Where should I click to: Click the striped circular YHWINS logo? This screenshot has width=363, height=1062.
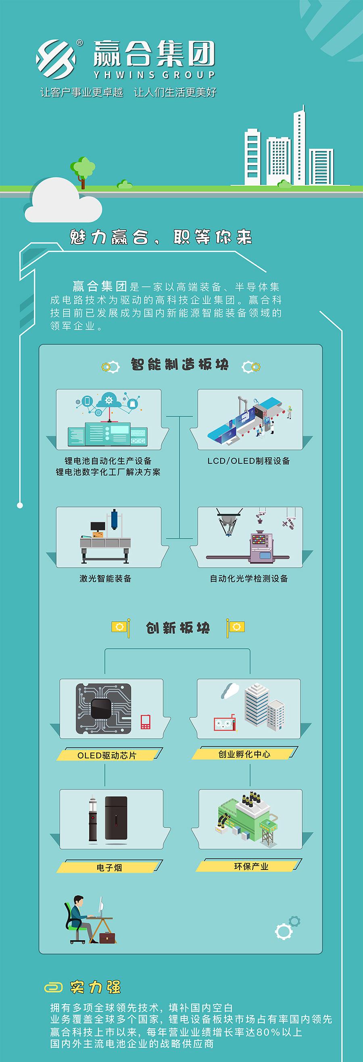(x=56, y=57)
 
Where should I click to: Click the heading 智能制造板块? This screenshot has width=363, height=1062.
(x=179, y=365)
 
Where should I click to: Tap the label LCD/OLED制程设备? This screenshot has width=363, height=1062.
(x=248, y=461)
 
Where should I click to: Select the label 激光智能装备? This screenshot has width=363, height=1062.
(x=106, y=578)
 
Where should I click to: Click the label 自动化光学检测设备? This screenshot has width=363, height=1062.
(x=249, y=578)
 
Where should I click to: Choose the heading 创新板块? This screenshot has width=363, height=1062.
(x=178, y=628)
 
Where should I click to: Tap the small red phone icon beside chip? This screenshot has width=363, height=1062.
(x=146, y=721)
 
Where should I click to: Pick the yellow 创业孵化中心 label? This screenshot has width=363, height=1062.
(x=244, y=754)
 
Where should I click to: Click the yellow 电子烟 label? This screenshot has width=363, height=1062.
(x=110, y=867)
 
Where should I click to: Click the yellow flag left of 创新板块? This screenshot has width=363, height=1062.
(x=120, y=627)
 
